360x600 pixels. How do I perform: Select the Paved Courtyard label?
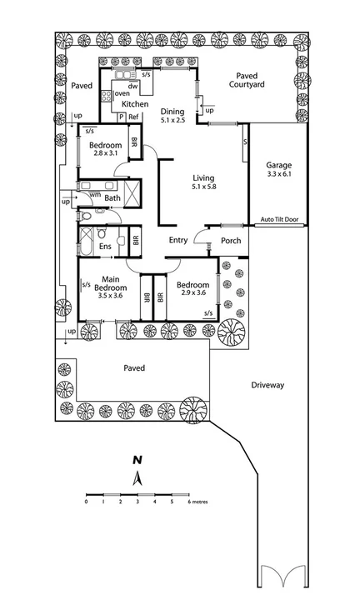point(248,79)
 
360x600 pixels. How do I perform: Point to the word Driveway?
point(267,385)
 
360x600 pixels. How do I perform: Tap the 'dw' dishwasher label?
point(132,86)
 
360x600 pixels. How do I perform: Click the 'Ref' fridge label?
point(132,117)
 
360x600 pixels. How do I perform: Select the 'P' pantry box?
point(121,117)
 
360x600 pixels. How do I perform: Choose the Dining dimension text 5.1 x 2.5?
point(173,121)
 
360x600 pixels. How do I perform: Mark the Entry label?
point(178,240)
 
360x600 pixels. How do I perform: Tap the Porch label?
point(231,241)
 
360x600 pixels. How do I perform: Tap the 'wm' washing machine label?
point(95,193)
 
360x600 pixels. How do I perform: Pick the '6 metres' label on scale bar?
point(196,502)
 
